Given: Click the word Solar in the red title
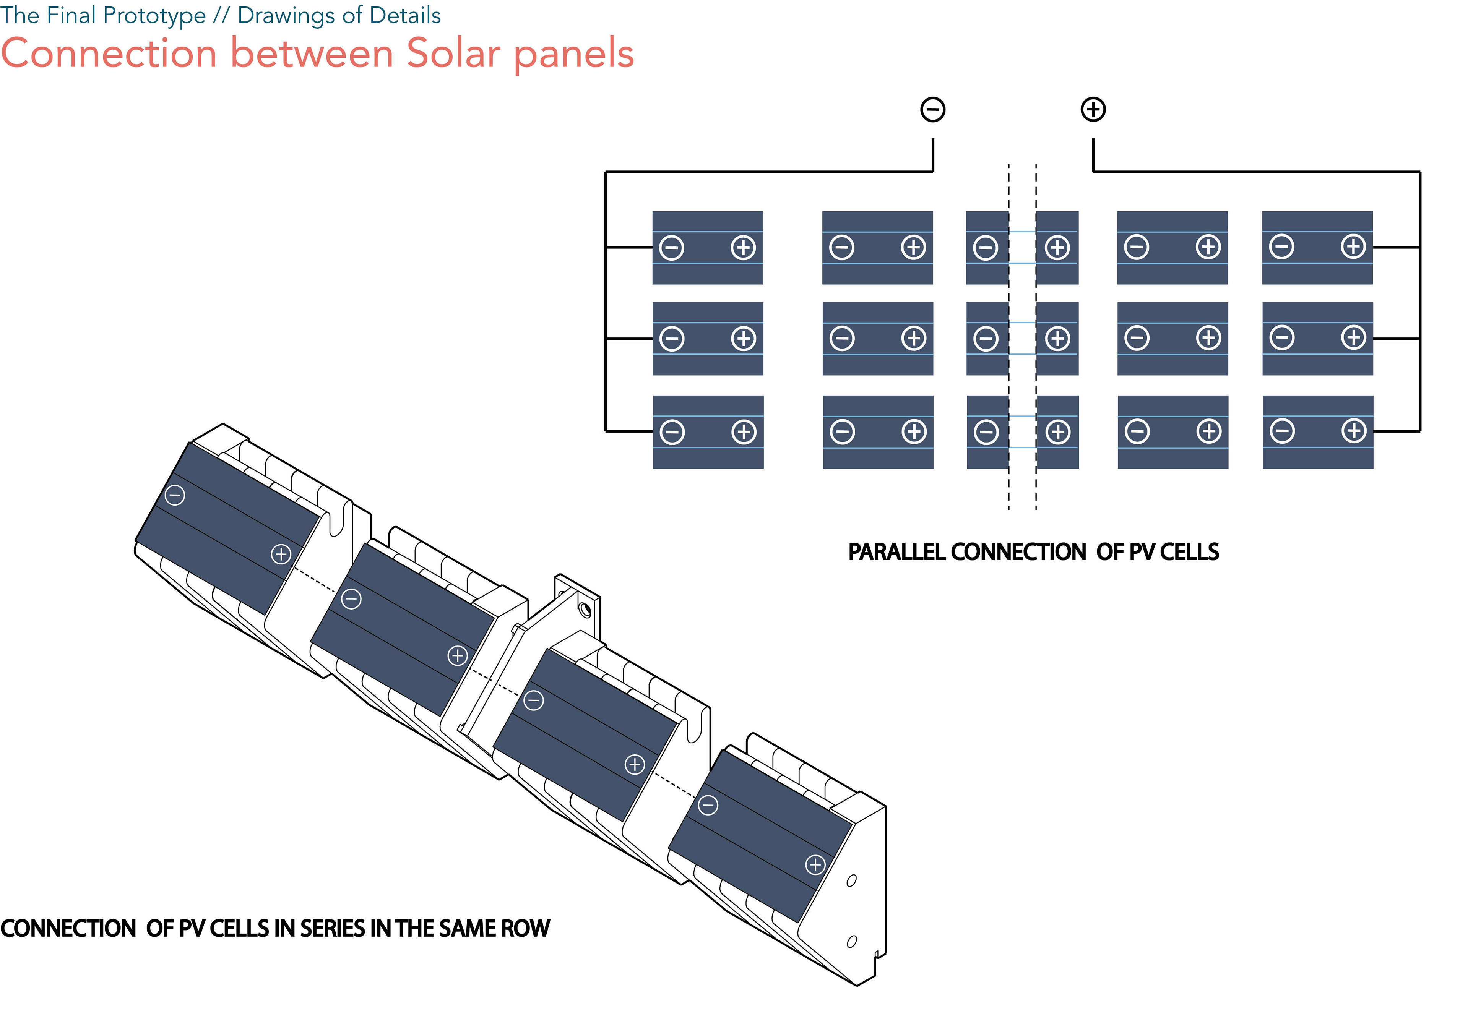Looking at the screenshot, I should pos(453,54).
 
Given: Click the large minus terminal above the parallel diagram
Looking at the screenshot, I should pos(932,109).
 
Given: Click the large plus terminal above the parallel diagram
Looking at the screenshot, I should pos(1093,109).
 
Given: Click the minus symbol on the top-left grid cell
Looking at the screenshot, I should pos(672,247).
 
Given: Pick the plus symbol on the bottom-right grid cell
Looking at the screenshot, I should pos(1354,431).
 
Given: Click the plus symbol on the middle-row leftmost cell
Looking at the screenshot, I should pos(743,338).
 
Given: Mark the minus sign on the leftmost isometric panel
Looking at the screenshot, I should pos(175,495).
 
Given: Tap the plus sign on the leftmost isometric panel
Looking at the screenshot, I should pos(281,554).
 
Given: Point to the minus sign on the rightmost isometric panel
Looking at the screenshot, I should pos(708,806).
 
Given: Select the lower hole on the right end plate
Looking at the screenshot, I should pos(852,941).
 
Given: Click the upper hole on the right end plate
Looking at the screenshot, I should pos(852,881).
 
